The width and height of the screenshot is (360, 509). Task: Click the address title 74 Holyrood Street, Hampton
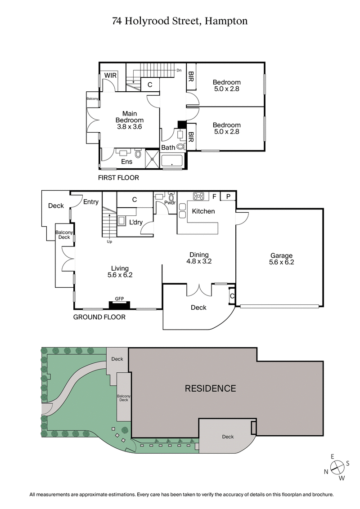[180, 21]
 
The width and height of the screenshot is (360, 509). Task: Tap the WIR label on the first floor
[111, 76]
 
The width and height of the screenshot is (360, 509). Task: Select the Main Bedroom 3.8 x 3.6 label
[129, 120]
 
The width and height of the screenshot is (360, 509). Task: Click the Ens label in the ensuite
[126, 161]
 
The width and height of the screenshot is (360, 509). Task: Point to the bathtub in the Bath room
[171, 162]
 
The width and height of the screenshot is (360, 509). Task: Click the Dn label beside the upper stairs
[179, 70]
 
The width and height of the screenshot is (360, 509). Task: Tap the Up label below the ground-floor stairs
[109, 242]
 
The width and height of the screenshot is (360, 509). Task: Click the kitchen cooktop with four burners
[198, 196]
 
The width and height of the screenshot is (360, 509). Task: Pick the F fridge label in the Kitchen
[214, 196]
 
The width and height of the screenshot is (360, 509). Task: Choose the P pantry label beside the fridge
[228, 196]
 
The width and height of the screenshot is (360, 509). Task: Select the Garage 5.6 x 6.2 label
[281, 259]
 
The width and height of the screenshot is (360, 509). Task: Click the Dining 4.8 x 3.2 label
[199, 258]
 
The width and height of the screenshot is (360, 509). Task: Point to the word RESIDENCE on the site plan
[210, 388]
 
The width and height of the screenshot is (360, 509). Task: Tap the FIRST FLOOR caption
[118, 178]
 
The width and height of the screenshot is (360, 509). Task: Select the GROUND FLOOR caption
[99, 317]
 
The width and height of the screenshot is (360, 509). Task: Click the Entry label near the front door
[90, 202]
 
